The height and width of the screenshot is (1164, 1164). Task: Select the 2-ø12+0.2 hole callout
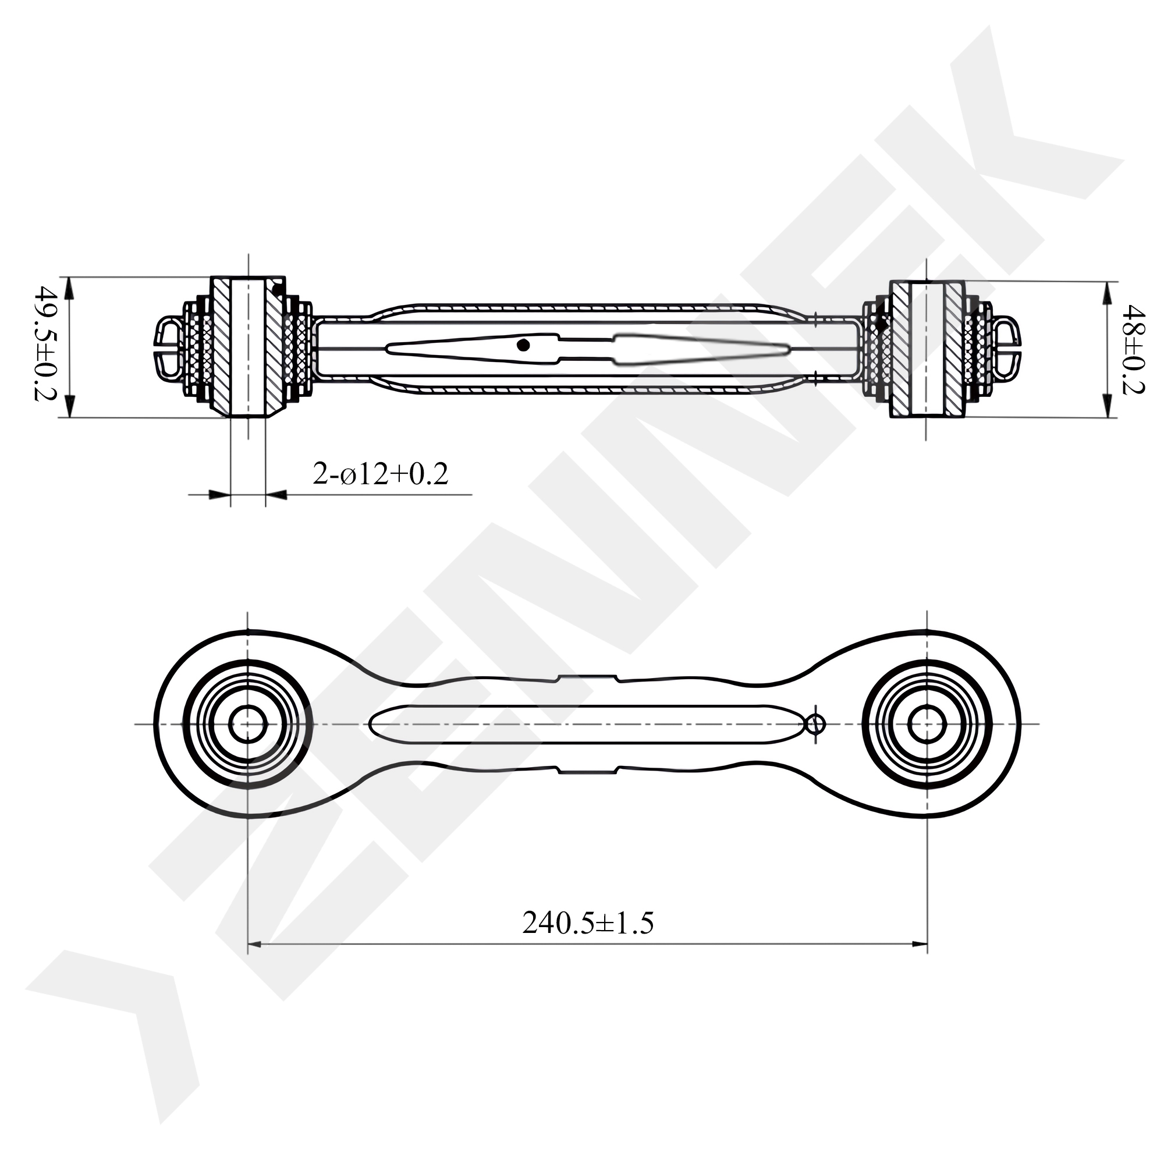(x=380, y=475)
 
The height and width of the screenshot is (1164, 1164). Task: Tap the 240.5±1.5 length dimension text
(x=587, y=922)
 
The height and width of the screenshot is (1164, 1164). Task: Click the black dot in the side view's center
(x=523, y=345)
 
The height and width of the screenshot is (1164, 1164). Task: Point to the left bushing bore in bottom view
(x=247, y=723)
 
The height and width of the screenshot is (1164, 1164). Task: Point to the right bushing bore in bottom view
(x=927, y=723)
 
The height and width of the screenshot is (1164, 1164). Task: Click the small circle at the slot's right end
(x=816, y=723)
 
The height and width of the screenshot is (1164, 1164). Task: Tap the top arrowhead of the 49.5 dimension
(x=70, y=287)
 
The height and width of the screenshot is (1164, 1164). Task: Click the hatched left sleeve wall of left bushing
(x=220, y=346)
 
